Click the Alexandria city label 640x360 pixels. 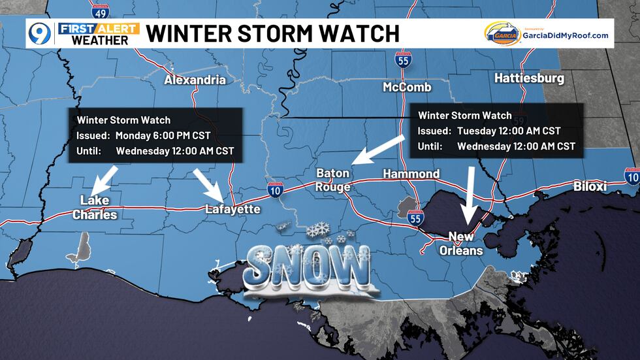point(195,80)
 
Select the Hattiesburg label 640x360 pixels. point(529,78)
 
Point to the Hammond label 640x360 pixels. point(411,174)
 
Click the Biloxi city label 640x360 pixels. point(590,187)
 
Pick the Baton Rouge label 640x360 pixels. point(333,180)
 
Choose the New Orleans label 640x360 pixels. point(466,243)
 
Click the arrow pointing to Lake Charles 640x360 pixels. point(105,178)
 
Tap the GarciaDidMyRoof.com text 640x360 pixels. point(565,36)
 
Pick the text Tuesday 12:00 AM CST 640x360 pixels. point(507,131)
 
